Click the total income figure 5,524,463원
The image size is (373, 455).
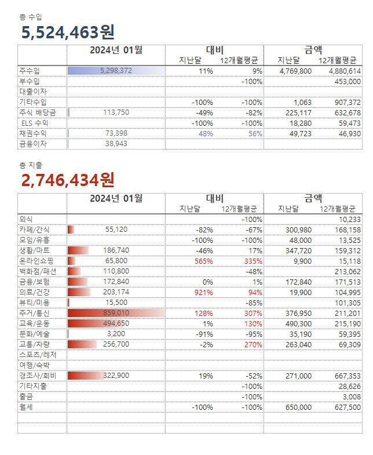[68, 32]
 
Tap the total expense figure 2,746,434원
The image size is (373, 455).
[68, 180]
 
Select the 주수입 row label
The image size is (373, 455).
[30, 71]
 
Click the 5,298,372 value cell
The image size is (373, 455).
[116, 71]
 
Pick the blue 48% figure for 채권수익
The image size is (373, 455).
[206, 133]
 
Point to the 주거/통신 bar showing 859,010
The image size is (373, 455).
[116, 313]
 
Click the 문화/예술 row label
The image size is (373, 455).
[34, 334]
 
